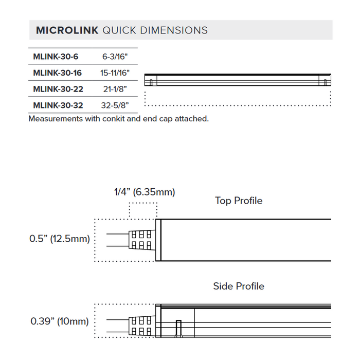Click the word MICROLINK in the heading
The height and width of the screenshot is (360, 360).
coord(67,30)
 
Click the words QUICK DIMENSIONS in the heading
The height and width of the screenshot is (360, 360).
coord(155,30)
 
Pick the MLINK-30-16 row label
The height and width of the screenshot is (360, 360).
coord(57,73)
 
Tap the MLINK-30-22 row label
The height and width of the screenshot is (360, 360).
coord(58,89)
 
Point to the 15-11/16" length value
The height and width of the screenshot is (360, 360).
coord(115,73)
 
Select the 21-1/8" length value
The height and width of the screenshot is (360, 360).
coord(115,89)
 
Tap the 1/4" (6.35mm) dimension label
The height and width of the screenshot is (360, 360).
coord(144,192)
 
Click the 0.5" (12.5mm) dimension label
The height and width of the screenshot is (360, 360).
coord(59,239)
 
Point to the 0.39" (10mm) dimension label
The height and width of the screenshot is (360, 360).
coord(60,322)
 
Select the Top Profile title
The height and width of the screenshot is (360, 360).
coord(239,201)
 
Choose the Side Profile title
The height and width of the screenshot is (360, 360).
coord(239,286)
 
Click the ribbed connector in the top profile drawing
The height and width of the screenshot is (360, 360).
coord(141,240)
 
